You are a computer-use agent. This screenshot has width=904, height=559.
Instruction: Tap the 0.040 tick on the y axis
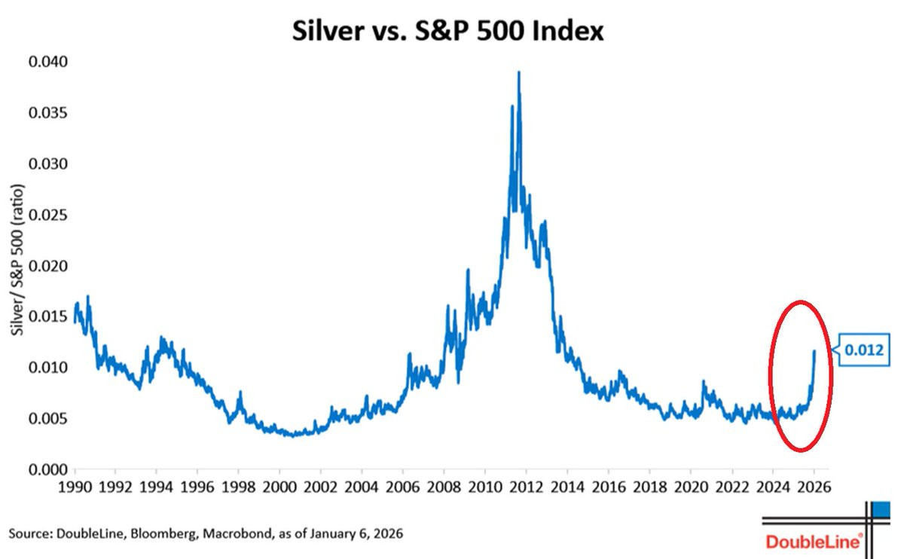pyautogui.click(x=47, y=63)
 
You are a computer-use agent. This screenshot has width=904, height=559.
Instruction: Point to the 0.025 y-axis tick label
pyautogui.click(x=47, y=215)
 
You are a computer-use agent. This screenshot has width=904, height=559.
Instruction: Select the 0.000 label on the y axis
pyautogui.click(x=47, y=470)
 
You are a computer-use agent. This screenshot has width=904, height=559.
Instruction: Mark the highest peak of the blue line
pyautogui.click(x=518, y=73)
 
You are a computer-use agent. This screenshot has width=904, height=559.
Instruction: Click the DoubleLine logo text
pyautogui.click(x=814, y=542)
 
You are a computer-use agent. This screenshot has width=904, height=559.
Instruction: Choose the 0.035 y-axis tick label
pyautogui.click(x=47, y=114)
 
